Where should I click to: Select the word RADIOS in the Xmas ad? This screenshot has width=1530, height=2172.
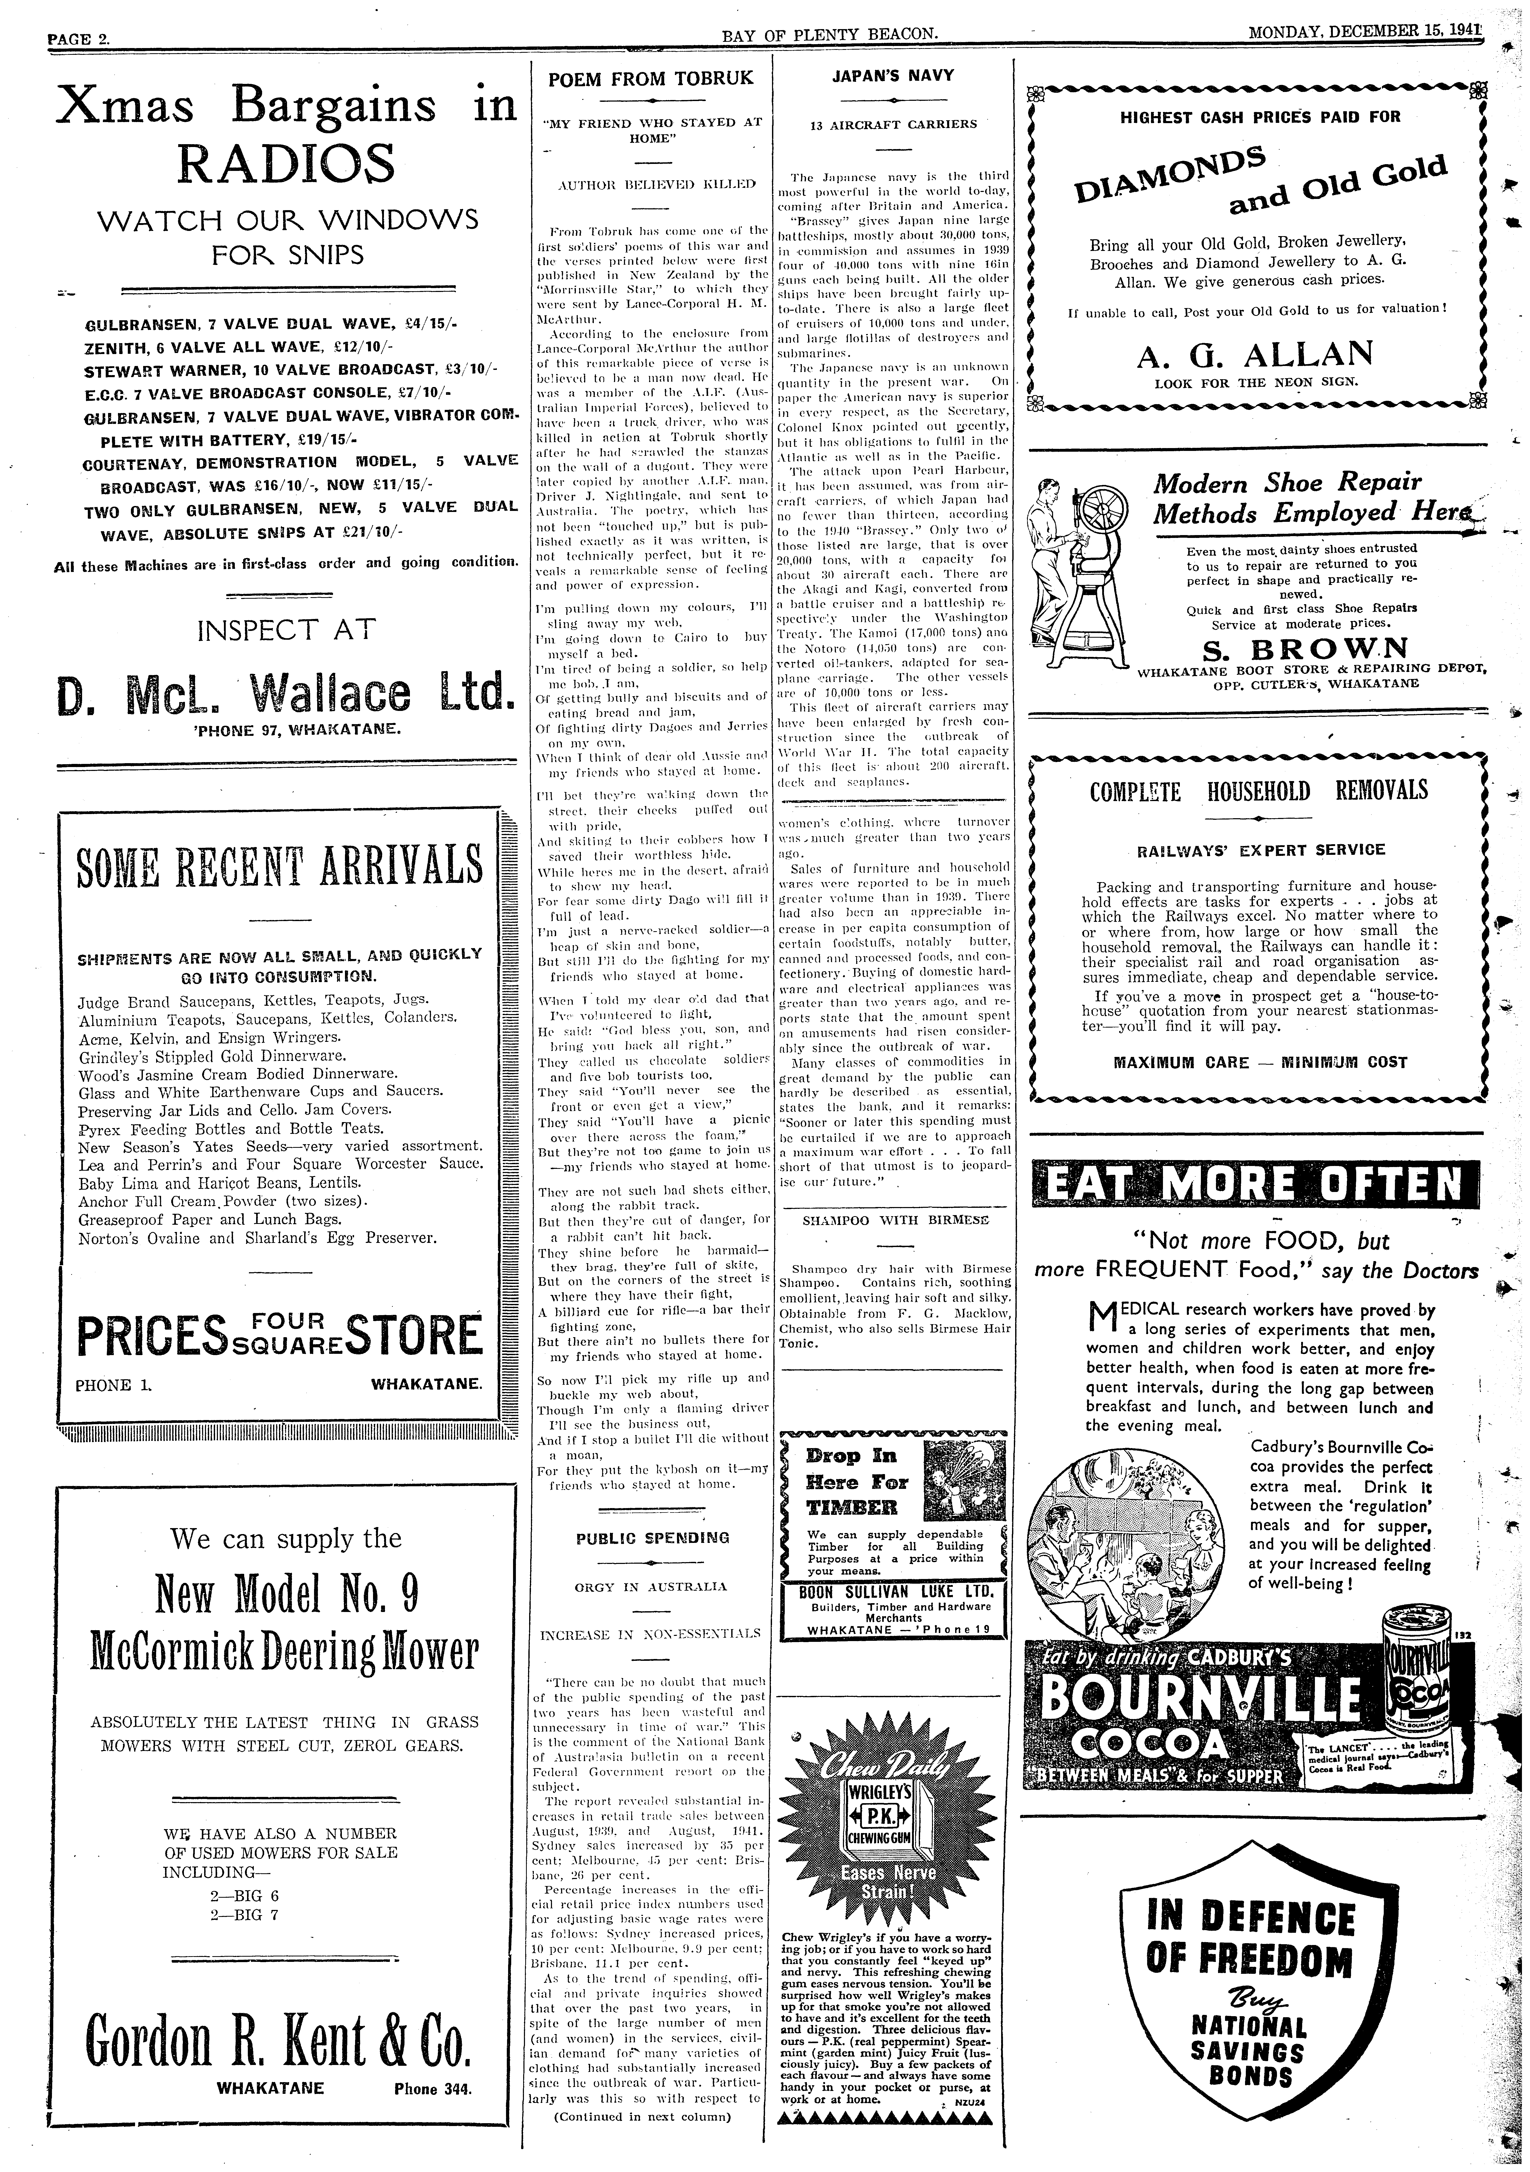tap(286, 163)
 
